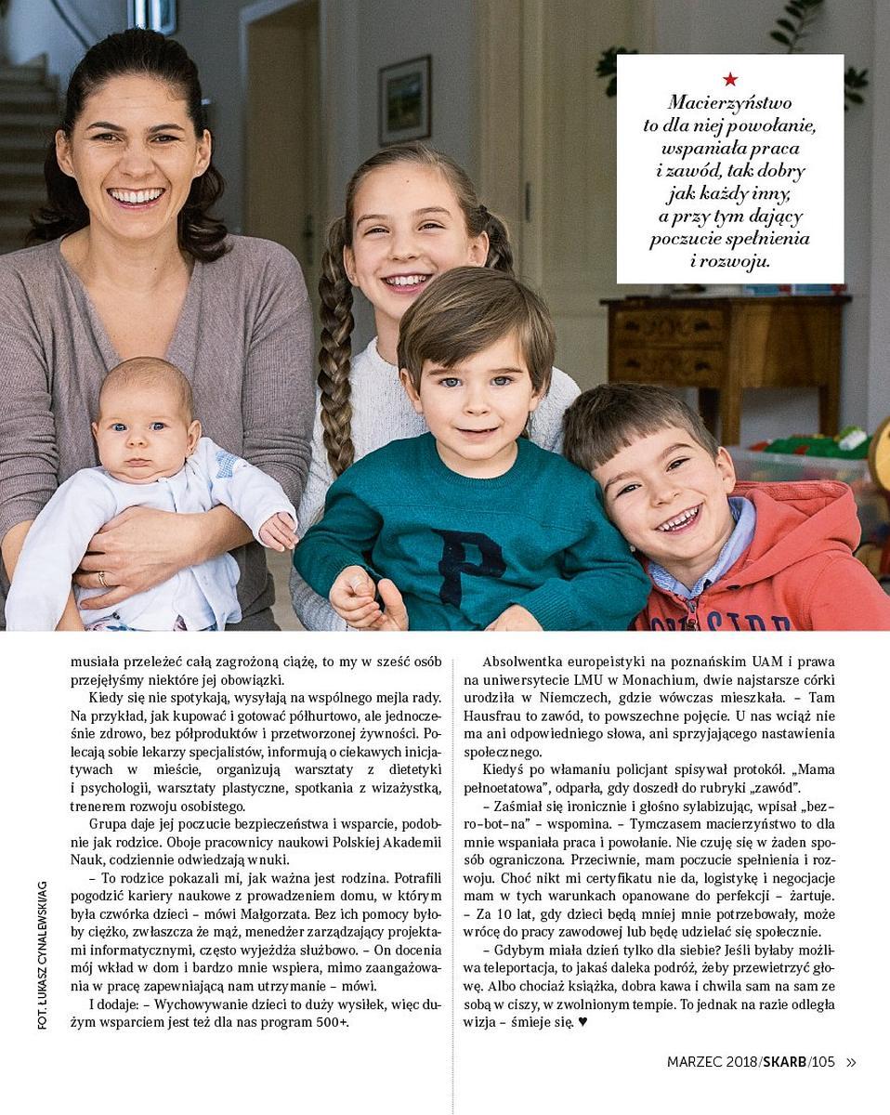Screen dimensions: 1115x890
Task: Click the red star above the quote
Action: click(730, 80)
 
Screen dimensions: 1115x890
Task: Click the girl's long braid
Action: click(335, 362)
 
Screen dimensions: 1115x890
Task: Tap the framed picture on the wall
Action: click(404, 100)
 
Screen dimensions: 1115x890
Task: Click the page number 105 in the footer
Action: click(823, 1062)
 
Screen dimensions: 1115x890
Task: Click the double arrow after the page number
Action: click(851, 1062)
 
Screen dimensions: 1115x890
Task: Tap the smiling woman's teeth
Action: click(136, 196)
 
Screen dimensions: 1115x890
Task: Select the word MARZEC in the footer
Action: click(696, 1062)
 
